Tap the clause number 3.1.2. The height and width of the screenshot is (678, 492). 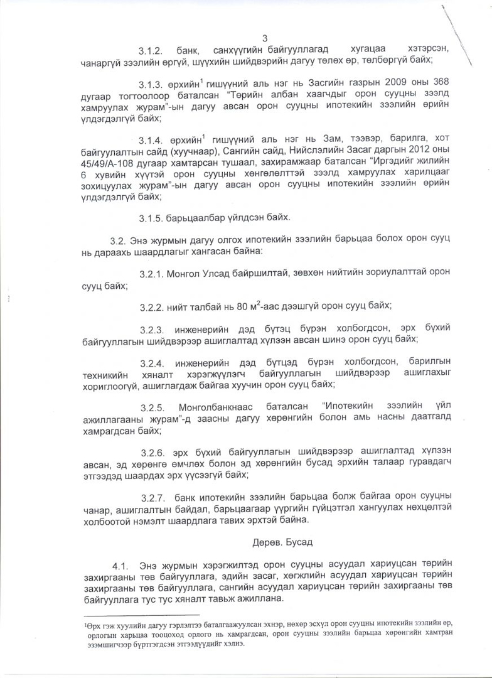(x=151, y=50)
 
